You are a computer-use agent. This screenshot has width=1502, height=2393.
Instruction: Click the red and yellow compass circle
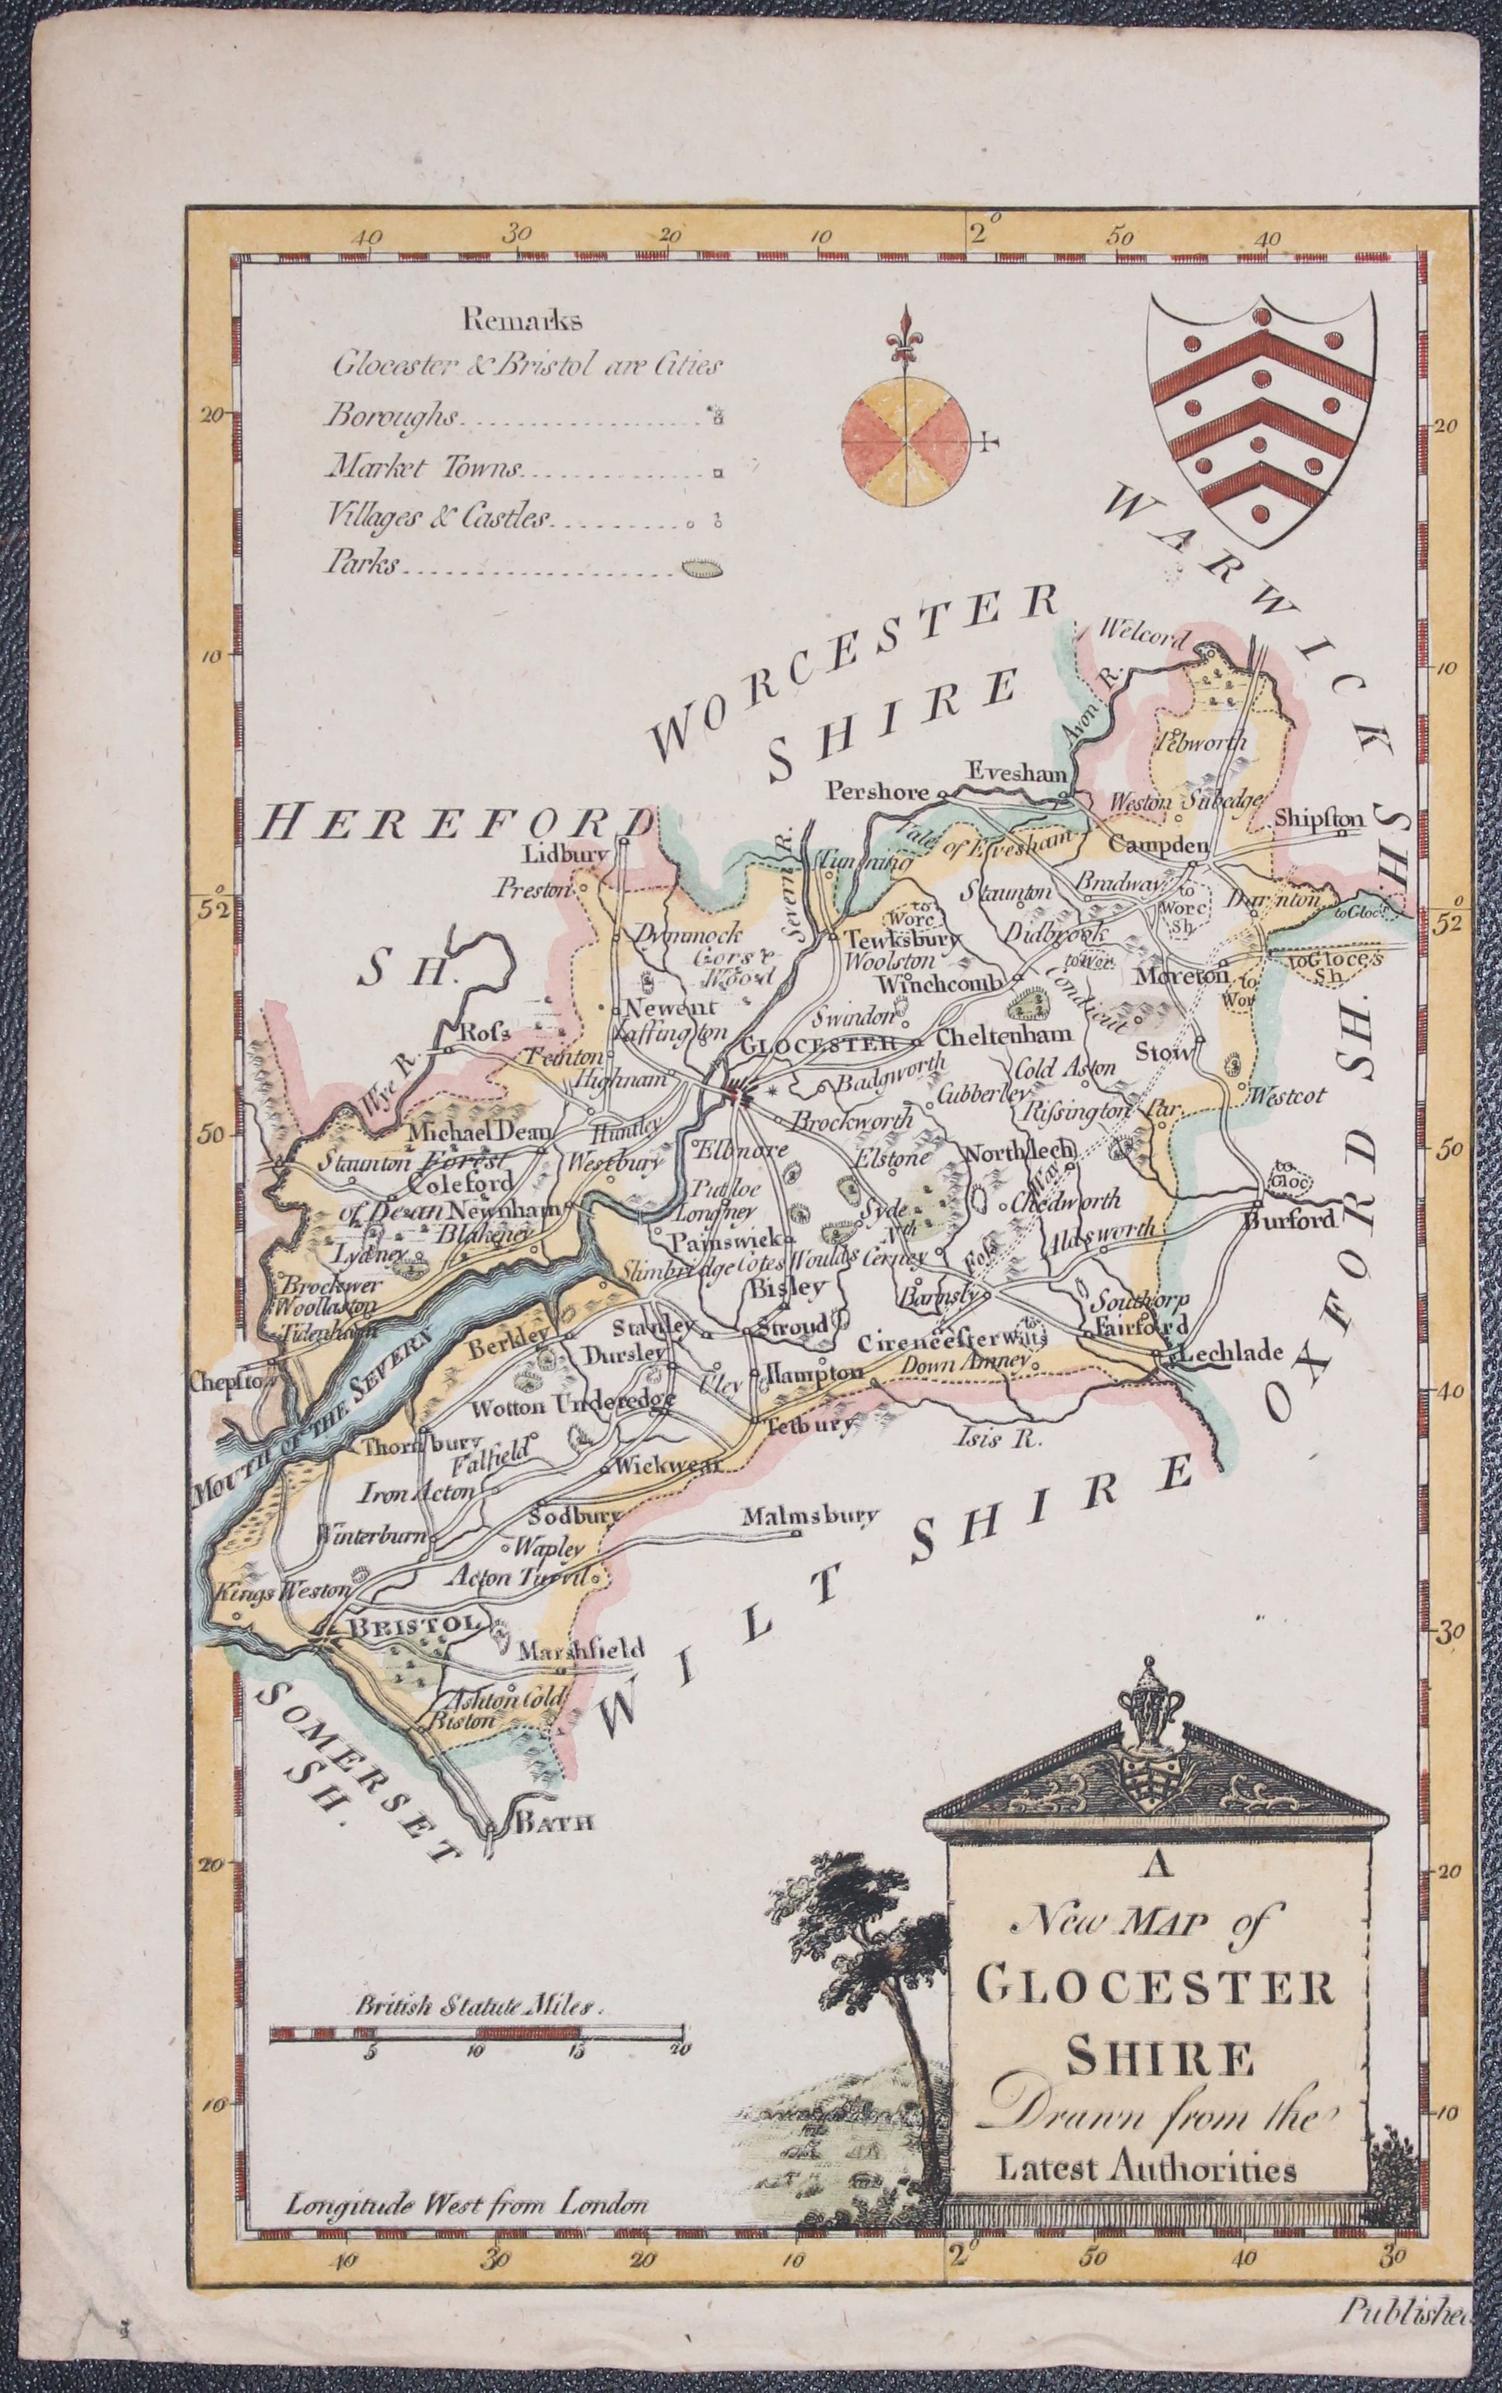904,441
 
